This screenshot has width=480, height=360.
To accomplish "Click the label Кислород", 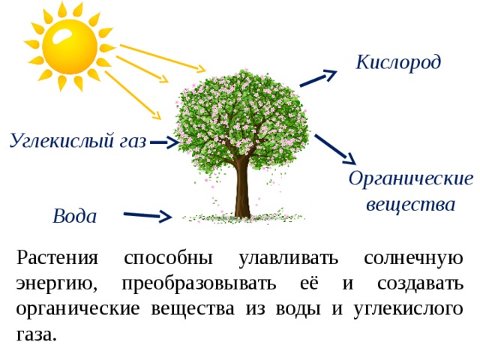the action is coord(398,62).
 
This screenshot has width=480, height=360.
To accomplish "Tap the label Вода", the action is coord(75,216).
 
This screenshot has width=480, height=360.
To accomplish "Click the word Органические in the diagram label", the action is coord(411,178).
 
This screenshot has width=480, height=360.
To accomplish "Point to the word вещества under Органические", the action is coord(410,204).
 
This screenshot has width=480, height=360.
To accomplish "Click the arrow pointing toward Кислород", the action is coord(318,78).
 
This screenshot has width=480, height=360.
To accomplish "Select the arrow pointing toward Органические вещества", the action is coord(335,150).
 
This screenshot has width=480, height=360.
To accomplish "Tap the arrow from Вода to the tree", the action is coord(148,215).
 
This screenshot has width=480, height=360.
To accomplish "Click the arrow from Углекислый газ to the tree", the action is coord(164,142).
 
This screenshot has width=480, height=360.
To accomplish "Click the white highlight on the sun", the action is coord(65,35).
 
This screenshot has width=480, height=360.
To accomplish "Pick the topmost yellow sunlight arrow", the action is coord(163,58).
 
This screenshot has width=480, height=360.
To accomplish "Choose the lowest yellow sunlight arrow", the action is coord(133,95).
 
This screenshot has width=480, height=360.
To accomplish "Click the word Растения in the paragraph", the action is coord(57,258).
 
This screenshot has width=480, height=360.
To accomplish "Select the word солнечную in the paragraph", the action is coord(413,259).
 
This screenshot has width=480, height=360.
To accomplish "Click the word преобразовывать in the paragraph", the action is coord(199,283).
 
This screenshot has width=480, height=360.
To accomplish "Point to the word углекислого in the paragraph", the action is coord(408,310).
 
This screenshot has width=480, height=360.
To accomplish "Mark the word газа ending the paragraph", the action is coord(37,335).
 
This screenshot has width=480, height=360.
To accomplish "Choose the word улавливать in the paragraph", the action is coord(288,259).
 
